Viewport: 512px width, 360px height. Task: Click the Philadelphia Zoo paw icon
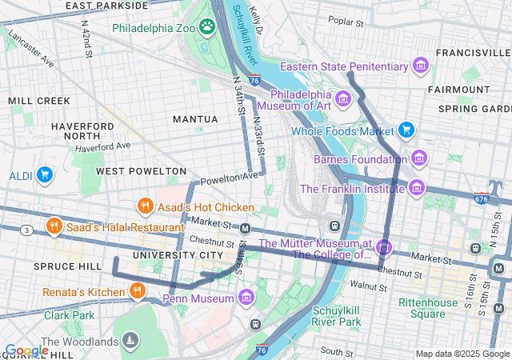[x=207, y=26]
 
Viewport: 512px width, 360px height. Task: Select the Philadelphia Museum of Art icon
[x=343, y=98]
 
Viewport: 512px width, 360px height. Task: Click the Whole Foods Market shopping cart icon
[x=406, y=130]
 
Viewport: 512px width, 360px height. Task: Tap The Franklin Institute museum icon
[x=416, y=189]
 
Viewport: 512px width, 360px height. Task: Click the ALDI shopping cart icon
[x=44, y=174]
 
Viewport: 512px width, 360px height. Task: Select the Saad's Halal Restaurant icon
[x=54, y=226]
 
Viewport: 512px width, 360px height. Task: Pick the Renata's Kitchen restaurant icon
[x=137, y=291]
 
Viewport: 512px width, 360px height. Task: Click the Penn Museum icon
[x=246, y=298]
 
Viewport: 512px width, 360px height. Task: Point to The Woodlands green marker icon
[x=130, y=342]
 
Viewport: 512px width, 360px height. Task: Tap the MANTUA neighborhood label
[x=195, y=119]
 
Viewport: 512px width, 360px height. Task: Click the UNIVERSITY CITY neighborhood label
[x=178, y=254]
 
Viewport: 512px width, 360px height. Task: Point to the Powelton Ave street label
[x=230, y=176]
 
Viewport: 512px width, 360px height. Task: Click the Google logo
[x=26, y=350]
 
